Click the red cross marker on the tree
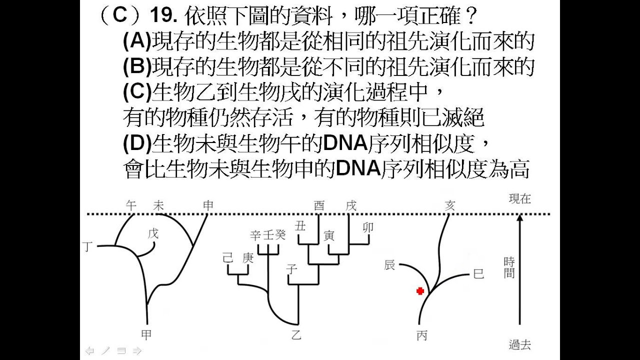click(420, 291)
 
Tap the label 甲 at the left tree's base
click(146, 335)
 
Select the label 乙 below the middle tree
click(296, 335)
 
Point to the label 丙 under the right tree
click(421, 335)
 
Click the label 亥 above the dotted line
click(450, 205)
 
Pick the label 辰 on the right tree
click(389, 265)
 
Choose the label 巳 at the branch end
click(478, 274)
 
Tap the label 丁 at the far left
click(88, 246)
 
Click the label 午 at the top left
click(131, 205)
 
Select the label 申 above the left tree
click(208, 205)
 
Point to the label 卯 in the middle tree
click(367, 227)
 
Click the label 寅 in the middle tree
click(329, 235)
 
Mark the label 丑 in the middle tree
click(300, 225)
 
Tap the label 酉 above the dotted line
click(319, 205)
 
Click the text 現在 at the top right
click(519, 198)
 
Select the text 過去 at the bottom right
click(519, 344)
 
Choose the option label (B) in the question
click(136, 66)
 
